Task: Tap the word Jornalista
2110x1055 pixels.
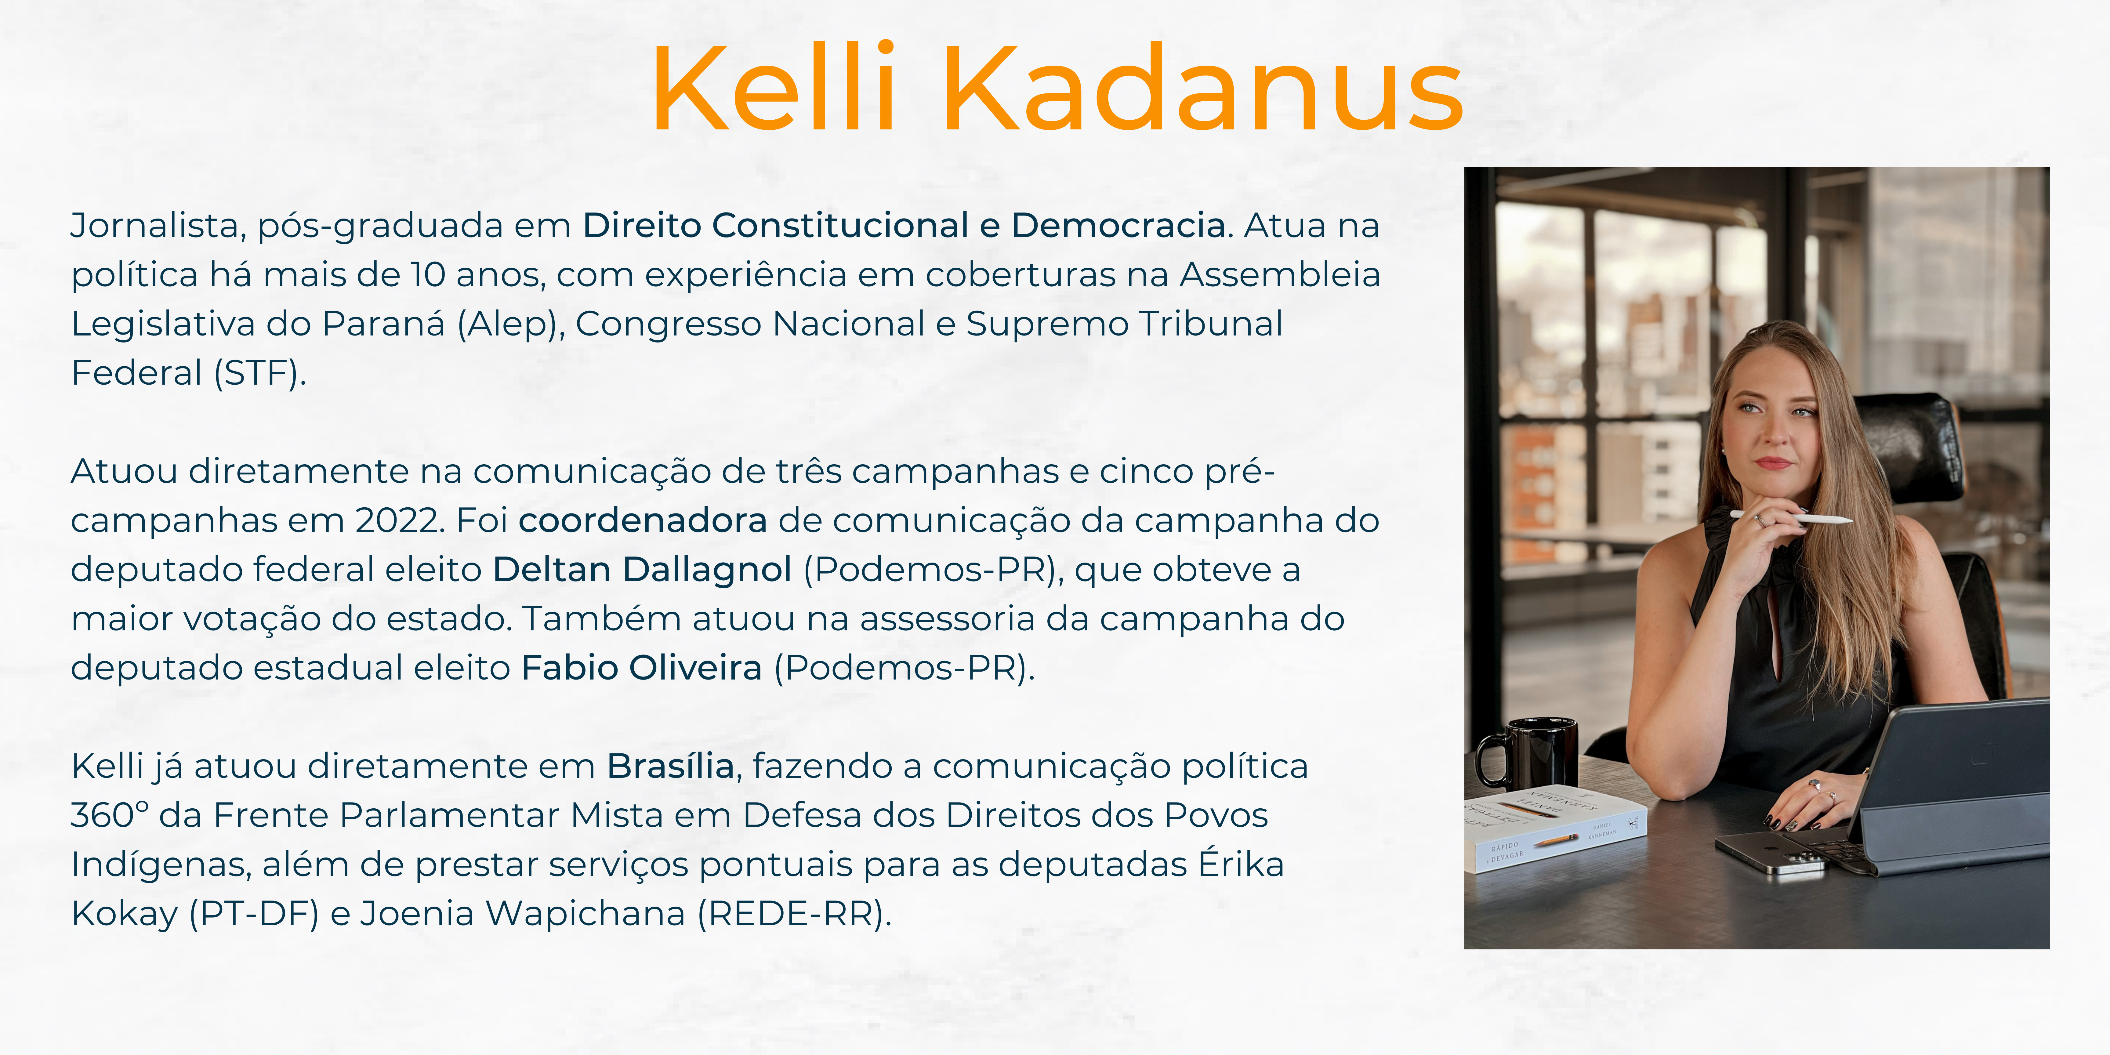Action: pyautogui.click(x=157, y=225)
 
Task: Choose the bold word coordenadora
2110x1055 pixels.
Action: pyautogui.click(x=643, y=520)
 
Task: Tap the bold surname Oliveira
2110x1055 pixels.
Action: pyautogui.click(x=695, y=668)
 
